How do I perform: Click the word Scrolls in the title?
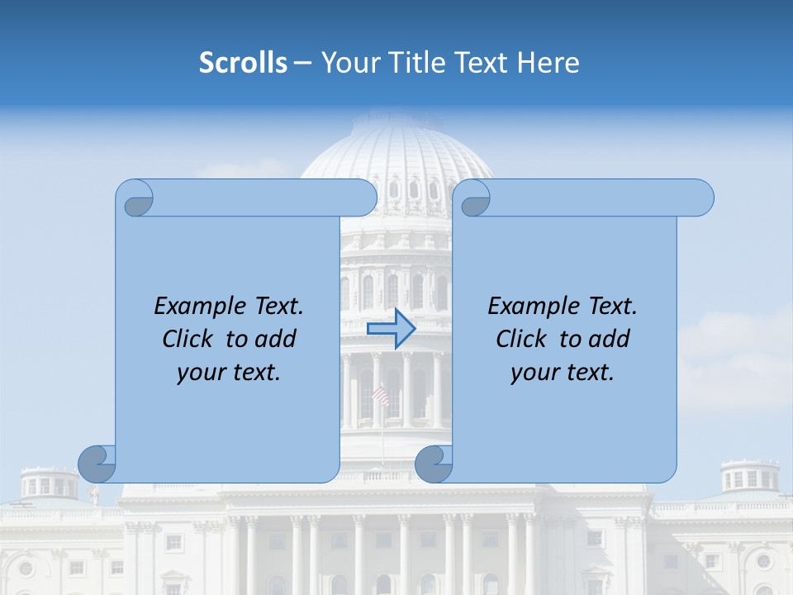[x=243, y=63]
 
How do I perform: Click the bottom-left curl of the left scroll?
[x=97, y=463]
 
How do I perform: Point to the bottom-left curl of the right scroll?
[x=434, y=463]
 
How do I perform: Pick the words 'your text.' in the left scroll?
[x=229, y=372]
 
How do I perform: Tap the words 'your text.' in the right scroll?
[x=563, y=372]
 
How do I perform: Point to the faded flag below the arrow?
[x=381, y=396]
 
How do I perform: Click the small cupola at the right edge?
[x=749, y=478]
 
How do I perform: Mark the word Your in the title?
[x=348, y=63]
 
